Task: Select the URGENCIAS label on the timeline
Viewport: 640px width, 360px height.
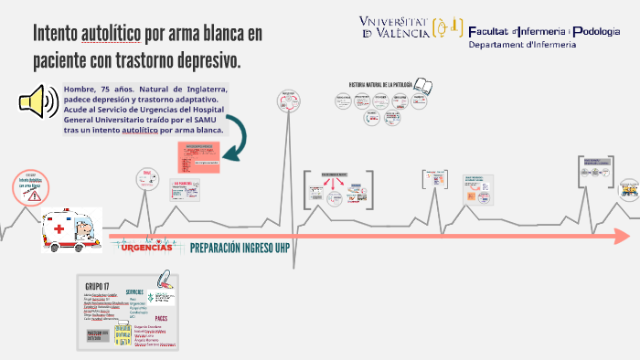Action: [146, 248]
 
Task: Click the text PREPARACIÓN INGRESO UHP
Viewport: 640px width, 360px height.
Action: [240, 248]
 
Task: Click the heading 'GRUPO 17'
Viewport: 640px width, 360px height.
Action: [97, 285]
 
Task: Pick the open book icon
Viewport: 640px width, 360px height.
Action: [424, 87]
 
